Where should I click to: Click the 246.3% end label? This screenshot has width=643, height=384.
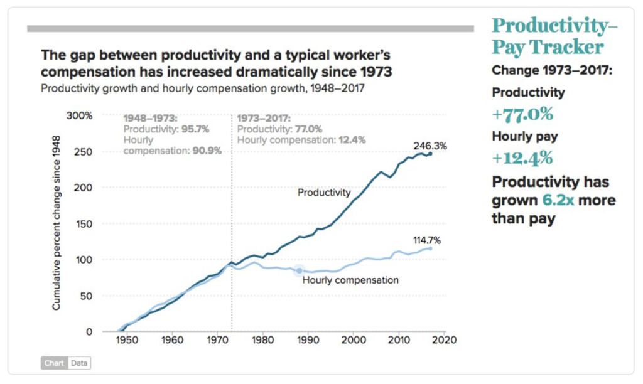coord(430,146)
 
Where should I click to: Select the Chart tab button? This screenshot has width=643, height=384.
coord(54,363)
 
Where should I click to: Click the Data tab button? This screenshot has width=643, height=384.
coord(79,363)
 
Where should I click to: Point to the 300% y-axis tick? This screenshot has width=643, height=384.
coord(80,116)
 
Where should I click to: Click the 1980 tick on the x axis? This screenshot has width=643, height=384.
coord(262,341)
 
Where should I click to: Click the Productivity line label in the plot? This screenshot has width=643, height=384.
coord(324,193)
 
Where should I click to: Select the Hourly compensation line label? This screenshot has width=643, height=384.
coord(350,280)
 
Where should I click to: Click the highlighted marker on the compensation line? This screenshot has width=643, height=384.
coord(300,270)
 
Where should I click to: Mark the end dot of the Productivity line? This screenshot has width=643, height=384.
coord(430,154)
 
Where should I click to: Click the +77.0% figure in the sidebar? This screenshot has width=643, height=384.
coord(522,114)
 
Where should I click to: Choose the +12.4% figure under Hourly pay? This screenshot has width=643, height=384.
coord(522,157)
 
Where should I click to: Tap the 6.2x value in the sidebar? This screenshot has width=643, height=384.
coord(557,201)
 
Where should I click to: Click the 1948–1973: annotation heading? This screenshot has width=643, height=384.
coord(151,118)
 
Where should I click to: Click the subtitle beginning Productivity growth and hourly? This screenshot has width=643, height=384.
coord(202,88)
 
